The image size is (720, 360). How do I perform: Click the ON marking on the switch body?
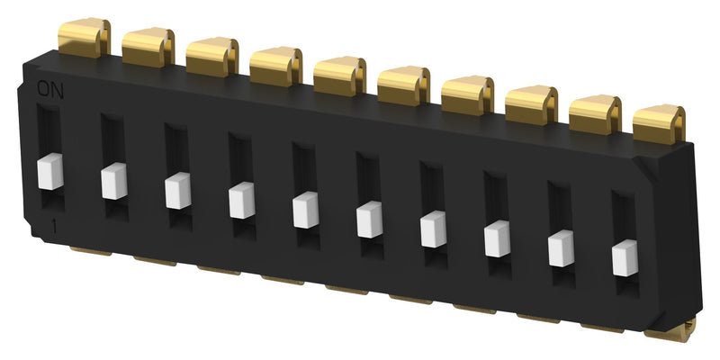49,87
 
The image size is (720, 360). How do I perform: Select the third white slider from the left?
178,191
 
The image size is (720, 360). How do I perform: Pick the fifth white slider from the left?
306,211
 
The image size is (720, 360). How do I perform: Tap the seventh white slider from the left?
434,228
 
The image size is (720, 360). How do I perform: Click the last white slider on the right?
625,257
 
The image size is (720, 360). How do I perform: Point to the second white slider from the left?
114,181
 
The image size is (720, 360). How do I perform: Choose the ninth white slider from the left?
562,247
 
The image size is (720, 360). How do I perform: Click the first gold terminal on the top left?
83,39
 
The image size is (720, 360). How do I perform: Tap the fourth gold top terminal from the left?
276,67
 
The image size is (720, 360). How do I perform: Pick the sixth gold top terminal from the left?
404,85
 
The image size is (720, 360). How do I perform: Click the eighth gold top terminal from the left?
531,105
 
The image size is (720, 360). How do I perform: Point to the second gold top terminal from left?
148,47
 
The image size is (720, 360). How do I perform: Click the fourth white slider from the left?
242,201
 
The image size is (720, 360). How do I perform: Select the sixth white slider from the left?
370,220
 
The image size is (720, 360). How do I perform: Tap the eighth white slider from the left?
498,238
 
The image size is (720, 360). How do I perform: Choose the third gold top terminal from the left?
212,56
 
